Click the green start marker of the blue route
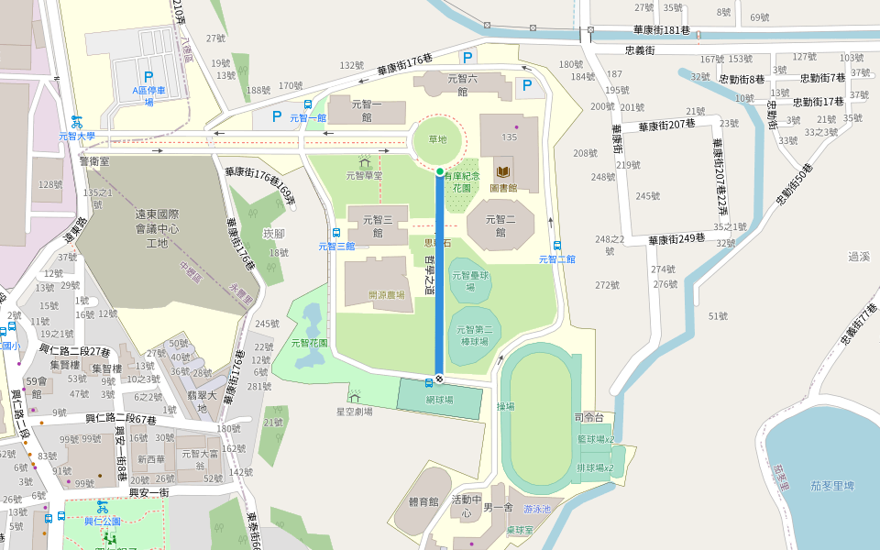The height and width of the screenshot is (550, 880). [x=440, y=171]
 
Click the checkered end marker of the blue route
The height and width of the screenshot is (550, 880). [x=440, y=379]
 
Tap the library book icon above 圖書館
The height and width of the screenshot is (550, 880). [x=503, y=171]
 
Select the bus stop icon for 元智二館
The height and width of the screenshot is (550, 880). [x=557, y=246]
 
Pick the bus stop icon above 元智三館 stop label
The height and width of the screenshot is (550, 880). [x=336, y=233]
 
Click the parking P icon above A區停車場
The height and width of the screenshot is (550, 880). [x=148, y=78]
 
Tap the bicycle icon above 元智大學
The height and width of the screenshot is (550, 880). [x=77, y=121]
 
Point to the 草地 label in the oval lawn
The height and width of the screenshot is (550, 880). [x=436, y=139]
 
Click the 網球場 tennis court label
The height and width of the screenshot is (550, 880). [x=440, y=401]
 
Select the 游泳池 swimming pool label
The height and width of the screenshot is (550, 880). [x=537, y=508]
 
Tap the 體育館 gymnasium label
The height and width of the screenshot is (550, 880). [x=423, y=501]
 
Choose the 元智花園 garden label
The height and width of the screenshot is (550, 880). [x=309, y=343]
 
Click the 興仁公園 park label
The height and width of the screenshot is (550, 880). [x=102, y=521]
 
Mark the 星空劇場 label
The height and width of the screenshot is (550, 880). [x=354, y=412]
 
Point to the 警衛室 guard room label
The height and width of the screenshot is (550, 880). [x=94, y=160]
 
